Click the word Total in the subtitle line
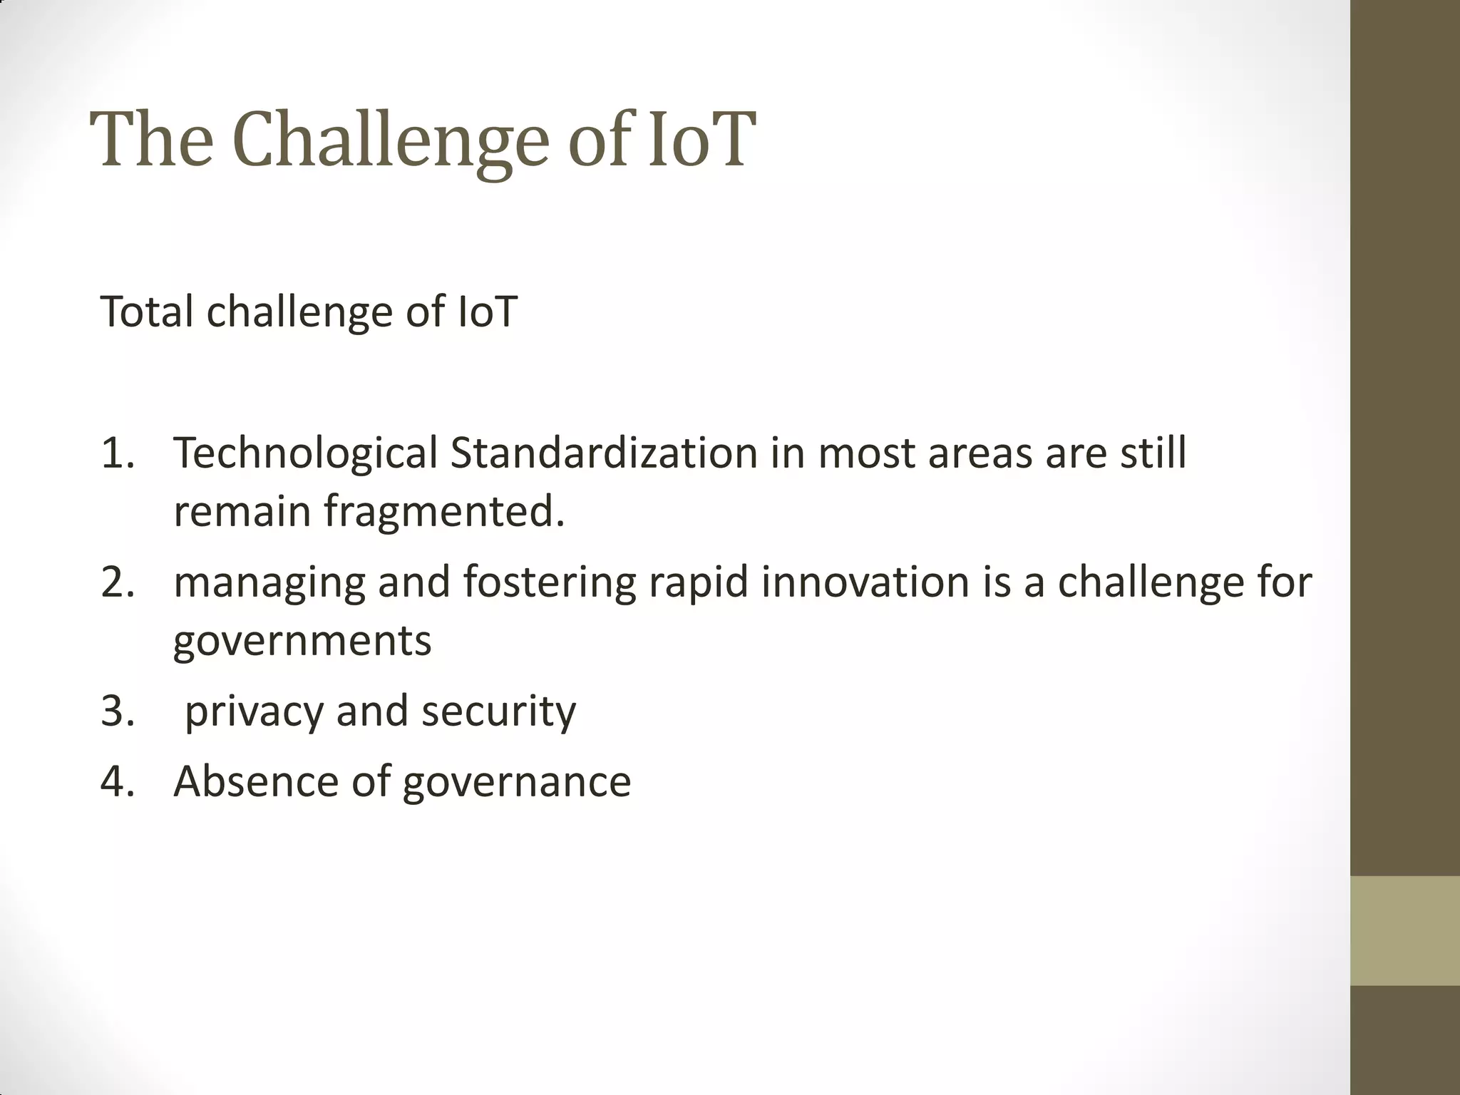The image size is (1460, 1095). pyautogui.click(x=147, y=312)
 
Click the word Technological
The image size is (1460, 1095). pyautogui.click(x=305, y=453)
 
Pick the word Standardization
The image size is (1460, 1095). pyautogui.click(x=603, y=453)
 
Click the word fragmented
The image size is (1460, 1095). pyautogui.click(x=444, y=511)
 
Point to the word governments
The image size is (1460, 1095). pyautogui.click(x=302, y=640)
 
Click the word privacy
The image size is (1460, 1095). pyautogui.click(x=254, y=711)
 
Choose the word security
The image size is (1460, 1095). pyautogui.click(x=498, y=711)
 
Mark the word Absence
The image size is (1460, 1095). pyautogui.click(x=256, y=781)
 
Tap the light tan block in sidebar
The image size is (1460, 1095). pyautogui.click(x=1404, y=930)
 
